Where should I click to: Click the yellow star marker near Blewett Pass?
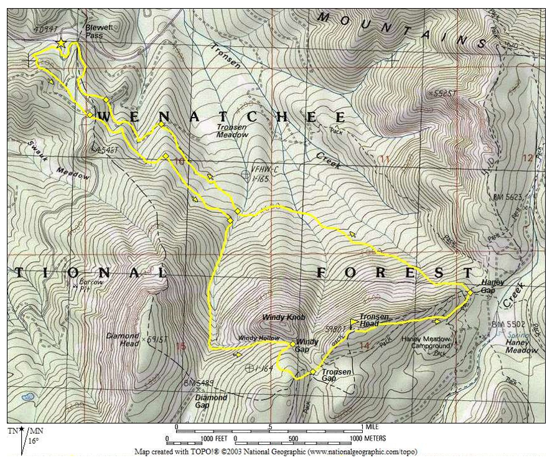click(x=61, y=44)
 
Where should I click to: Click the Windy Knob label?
click(x=283, y=317)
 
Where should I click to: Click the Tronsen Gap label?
click(x=337, y=376)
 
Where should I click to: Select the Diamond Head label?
click(x=122, y=340)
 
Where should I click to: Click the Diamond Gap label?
click(x=211, y=401)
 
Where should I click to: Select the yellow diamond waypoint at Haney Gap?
click(x=470, y=291)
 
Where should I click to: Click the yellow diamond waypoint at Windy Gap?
click(x=292, y=344)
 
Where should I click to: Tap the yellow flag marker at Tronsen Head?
click(x=354, y=322)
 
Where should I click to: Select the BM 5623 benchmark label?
click(x=507, y=197)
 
